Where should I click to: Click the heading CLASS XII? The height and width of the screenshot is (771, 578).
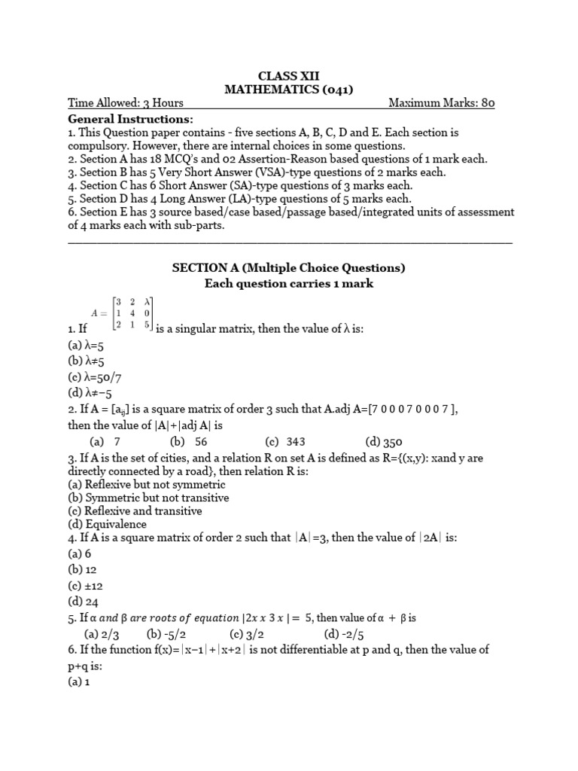tap(289, 75)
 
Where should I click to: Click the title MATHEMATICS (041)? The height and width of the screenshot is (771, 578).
tap(289, 90)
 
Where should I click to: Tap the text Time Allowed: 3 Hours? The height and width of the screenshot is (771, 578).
tap(126, 104)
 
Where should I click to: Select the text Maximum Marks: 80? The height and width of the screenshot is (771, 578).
tap(441, 104)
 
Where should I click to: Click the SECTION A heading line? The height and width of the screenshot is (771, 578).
tap(289, 268)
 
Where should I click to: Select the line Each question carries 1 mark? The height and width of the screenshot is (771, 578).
tap(289, 284)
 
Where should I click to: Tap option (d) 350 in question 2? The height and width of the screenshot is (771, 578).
tap(383, 442)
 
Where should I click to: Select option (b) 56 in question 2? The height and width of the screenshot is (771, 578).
tap(189, 442)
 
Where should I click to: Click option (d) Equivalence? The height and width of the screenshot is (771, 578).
tap(108, 524)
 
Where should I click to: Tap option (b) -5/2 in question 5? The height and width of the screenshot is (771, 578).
tap(166, 634)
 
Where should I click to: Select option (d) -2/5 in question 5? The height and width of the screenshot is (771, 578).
tap(343, 634)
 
